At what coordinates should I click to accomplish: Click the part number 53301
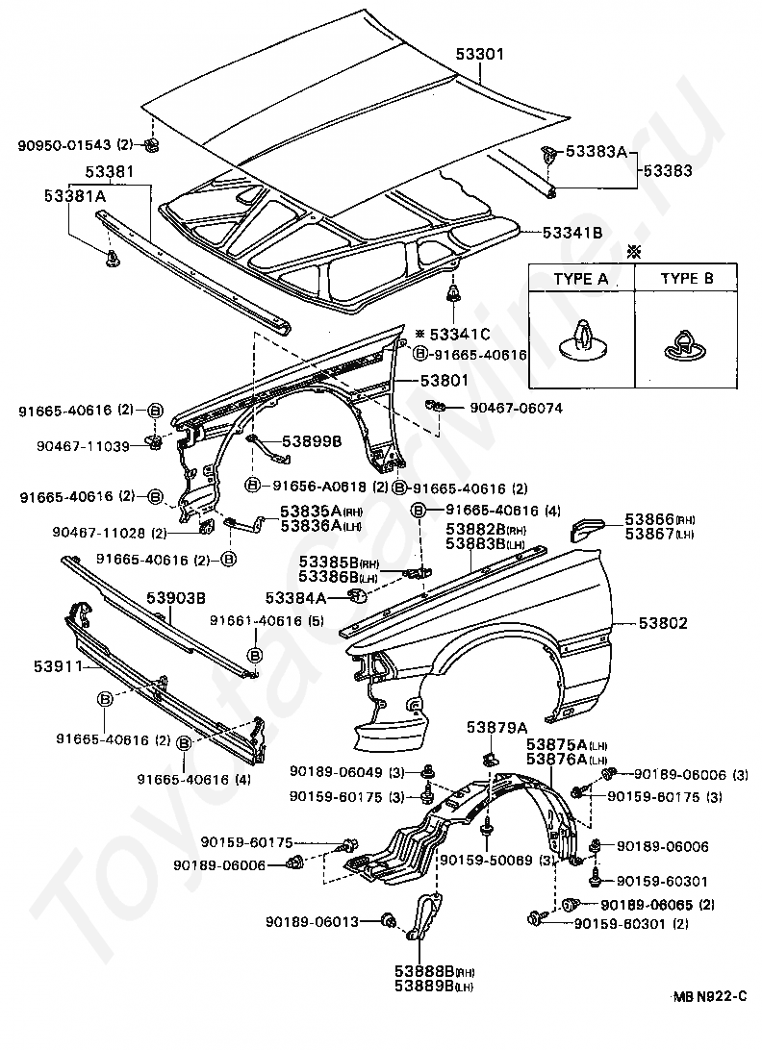pos(479,55)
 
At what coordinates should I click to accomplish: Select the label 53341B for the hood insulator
pos(571,232)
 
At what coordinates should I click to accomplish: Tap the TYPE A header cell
pos(580,279)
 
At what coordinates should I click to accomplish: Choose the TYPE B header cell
pos(687,279)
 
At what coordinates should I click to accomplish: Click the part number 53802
pos(662,623)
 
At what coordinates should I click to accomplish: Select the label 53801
pos(444,381)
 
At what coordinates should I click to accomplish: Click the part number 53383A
pos(597,151)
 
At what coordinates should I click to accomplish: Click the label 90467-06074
pos(516,408)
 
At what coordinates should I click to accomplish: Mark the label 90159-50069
pos(485,859)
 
